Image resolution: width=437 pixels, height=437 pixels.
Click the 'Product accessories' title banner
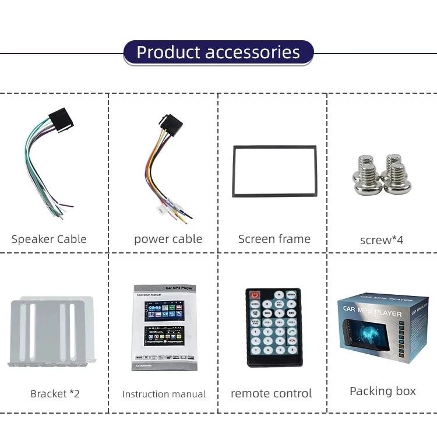point(218,52)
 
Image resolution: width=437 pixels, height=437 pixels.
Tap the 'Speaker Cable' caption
point(49,239)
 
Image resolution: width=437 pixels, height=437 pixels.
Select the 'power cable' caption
point(168,239)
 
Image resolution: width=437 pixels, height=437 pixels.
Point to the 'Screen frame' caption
point(274,239)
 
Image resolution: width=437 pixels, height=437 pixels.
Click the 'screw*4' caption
point(382,240)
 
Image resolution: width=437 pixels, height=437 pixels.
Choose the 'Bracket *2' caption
point(55,394)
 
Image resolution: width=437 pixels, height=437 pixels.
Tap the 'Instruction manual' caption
point(164,394)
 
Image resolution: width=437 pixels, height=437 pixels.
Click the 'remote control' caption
point(271,394)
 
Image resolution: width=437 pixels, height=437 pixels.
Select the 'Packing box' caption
point(382,391)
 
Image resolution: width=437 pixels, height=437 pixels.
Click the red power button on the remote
point(255,295)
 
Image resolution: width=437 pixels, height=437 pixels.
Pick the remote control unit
point(273,327)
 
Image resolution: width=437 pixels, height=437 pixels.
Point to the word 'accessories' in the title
point(252,52)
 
